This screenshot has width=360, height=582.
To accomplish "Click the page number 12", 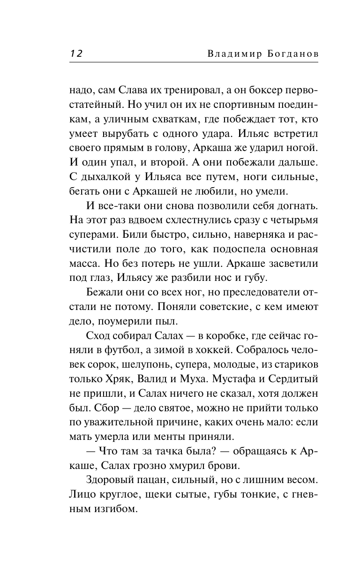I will coord(76,53).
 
